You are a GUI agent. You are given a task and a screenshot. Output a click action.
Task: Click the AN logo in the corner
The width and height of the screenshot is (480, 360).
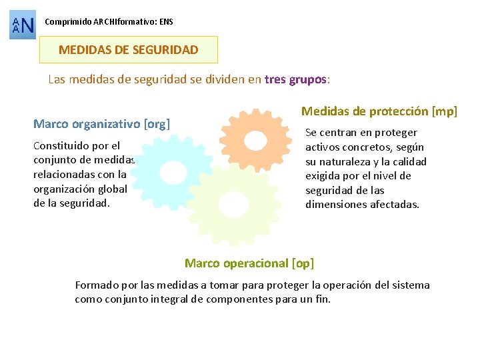tap(23, 25)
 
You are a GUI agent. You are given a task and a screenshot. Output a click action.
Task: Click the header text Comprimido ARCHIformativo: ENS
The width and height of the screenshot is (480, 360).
tap(109, 22)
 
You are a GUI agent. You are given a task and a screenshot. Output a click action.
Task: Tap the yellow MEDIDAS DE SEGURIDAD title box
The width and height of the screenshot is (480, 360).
tap(129, 50)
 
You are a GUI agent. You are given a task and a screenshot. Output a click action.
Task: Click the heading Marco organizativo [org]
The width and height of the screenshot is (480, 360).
tap(102, 124)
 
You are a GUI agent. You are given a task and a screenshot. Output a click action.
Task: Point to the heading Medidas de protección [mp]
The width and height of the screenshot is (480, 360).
tap(379, 111)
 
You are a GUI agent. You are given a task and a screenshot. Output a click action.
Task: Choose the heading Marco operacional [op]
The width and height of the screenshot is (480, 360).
tap(249, 263)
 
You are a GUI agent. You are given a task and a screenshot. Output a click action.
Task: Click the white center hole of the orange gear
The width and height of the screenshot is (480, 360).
tap(255, 140)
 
